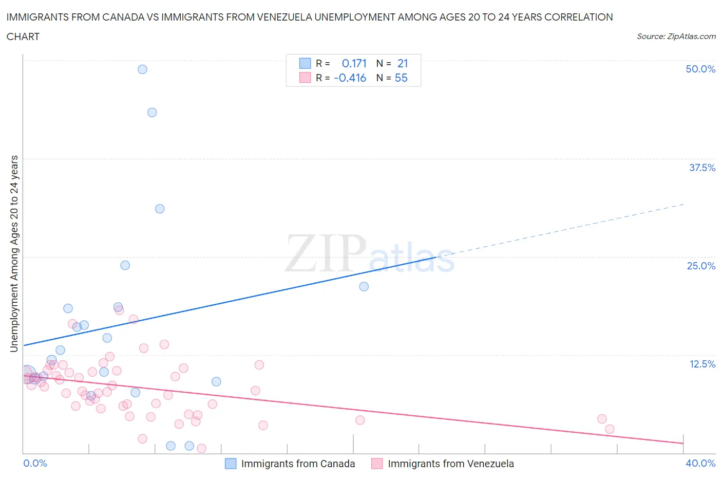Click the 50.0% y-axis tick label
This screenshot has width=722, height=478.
click(x=700, y=69)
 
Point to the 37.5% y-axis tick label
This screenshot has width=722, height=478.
click(x=702, y=168)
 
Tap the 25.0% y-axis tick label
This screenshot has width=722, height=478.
click(x=701, y=266)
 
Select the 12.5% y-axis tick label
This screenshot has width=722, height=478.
click(x=702, y=364)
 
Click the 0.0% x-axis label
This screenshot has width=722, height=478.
click(x=35, y=463)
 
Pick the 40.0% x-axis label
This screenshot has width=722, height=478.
click(x=700, y=463)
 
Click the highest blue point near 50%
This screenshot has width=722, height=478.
click(x=142, y=69)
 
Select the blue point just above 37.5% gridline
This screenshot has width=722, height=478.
click(x=152, y=113)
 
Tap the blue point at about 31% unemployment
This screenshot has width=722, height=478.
click(x=160, y=209)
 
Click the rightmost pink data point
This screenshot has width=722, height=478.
click(x=610, y=429)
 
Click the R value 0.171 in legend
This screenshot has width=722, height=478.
click(x=354, y=63)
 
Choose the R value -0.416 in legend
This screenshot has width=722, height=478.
click(x=350, y=78)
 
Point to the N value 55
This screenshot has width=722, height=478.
click(x=401, y=78)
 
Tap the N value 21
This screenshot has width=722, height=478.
click(x=403, y=63)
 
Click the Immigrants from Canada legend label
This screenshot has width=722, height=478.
click(x=298, y=464)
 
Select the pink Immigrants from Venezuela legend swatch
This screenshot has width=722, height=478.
click(x=377, y=464)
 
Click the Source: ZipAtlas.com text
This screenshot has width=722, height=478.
click(x=676, y=36)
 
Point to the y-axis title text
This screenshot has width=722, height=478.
click(x=14, y=254)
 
